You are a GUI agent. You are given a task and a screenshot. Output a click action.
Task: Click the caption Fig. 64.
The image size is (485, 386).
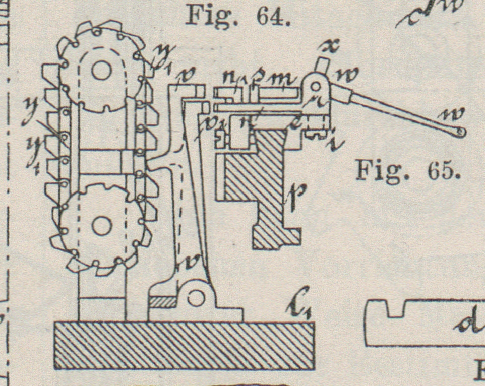(x=237, y=16)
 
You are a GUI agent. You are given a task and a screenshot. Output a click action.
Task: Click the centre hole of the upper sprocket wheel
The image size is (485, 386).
(x=102, y=72)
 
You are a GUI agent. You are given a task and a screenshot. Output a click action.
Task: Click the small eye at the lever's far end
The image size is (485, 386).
(x=461, y=132)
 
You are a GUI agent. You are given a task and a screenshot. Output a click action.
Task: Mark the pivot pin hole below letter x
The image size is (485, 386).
(x=316, y=86)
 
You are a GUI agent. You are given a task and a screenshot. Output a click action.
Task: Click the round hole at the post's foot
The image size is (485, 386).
(x=194, y=298)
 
